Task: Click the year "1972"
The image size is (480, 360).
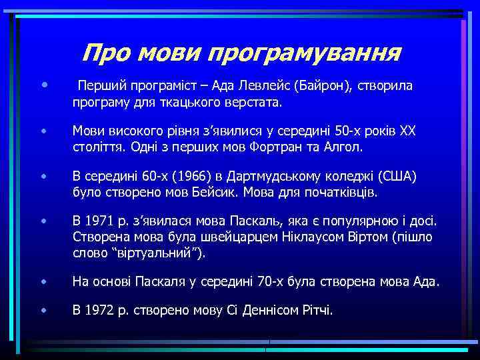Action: [x=97, y=310]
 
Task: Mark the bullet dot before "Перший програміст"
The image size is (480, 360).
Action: [x=43, y=85]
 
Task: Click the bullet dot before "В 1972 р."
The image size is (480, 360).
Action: [x=43, y=310]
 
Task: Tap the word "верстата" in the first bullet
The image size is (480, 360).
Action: [x=255, y=103]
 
